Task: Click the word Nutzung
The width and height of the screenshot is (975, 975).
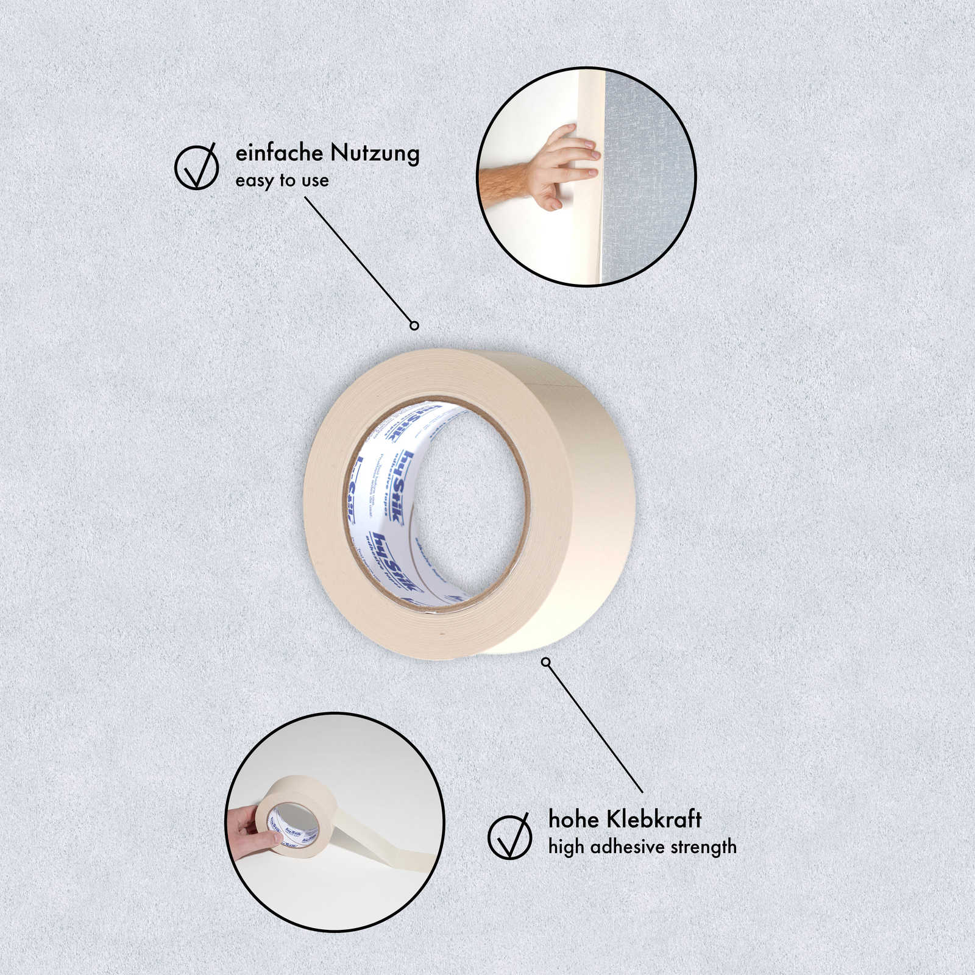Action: (375, 154)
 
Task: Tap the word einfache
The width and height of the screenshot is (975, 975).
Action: (279, 153)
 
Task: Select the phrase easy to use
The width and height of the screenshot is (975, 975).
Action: (282, 181)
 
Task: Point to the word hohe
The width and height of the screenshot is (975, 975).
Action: (572, 820)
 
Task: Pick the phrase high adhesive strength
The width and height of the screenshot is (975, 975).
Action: (642, 847)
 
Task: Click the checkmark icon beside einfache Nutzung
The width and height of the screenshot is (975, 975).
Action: (197, 166)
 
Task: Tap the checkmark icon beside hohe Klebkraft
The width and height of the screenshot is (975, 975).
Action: (510, 836)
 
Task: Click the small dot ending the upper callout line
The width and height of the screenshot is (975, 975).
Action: (414, 325)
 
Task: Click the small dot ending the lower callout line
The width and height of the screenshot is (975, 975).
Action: (546, 662)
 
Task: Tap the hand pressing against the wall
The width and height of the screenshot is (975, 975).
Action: (564, 165)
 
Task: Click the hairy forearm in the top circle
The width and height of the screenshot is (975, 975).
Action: (503, 185)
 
